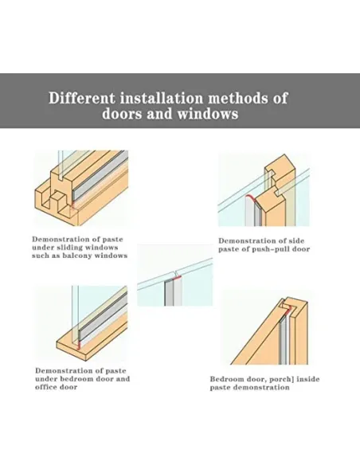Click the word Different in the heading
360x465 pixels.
pos(81,98)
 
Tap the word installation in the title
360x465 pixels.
pos(162,98)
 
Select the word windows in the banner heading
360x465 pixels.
pos(208,114)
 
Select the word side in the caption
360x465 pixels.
pos(296,240)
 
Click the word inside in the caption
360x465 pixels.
pos(308,379)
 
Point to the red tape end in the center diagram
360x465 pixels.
pos(177,278)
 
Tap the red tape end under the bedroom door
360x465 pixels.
pos(78,346)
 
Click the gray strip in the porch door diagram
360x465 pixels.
pos(283,340)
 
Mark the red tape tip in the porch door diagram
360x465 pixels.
pos(287,311)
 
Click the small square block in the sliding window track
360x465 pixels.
pos(58,199)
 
